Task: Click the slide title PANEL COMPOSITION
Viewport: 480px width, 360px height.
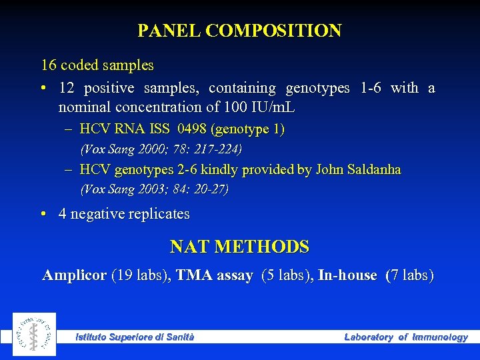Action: [239, 31]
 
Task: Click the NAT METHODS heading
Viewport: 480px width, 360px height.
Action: [239, 247]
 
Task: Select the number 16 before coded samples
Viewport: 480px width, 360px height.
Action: [49, 65]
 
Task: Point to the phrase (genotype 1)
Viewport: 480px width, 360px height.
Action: [247, 129]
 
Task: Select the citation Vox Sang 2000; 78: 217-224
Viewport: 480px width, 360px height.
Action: [161, 149]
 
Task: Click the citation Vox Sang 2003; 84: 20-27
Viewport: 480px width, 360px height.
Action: [154, 189]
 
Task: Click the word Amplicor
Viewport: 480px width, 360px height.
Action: [74, 275]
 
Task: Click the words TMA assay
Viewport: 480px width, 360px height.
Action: [214, 275]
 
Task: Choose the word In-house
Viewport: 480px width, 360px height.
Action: [347, 275]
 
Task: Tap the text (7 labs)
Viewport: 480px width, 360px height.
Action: [409, 275]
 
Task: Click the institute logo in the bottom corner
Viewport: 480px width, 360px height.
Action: [34, 334]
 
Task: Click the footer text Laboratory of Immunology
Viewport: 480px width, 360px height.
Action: [405, 337]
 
